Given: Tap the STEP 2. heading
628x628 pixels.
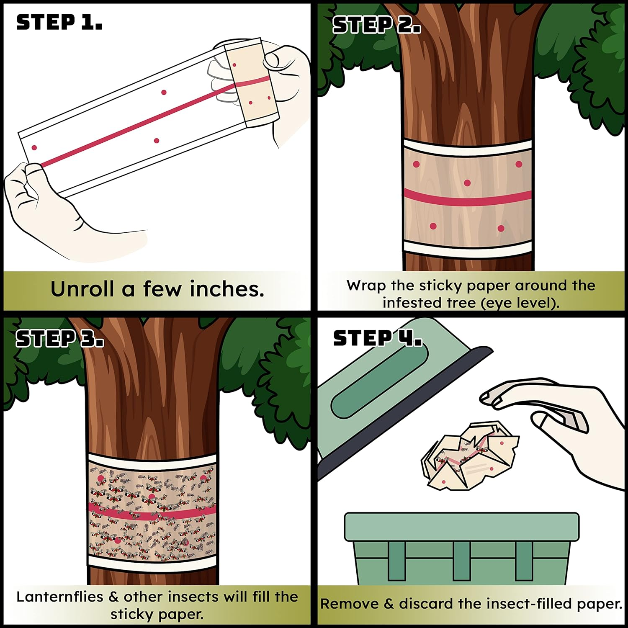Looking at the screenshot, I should pos(376,25).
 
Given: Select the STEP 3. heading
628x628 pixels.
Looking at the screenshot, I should pos(59,338).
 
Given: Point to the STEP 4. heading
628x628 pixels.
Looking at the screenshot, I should pos(377,338).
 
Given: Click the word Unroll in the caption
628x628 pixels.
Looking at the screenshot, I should pos(82,289).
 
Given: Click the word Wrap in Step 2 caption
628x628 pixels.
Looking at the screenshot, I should pos(366,286).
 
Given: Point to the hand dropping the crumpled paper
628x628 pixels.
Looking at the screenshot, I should pos(561,423).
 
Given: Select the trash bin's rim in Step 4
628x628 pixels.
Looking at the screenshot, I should pos(461,527).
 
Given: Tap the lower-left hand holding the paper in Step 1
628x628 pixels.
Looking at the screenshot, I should pos(50,205).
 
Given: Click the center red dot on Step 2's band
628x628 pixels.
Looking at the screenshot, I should pos(467,183).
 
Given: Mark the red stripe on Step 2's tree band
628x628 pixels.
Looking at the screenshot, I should pos(467,198).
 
